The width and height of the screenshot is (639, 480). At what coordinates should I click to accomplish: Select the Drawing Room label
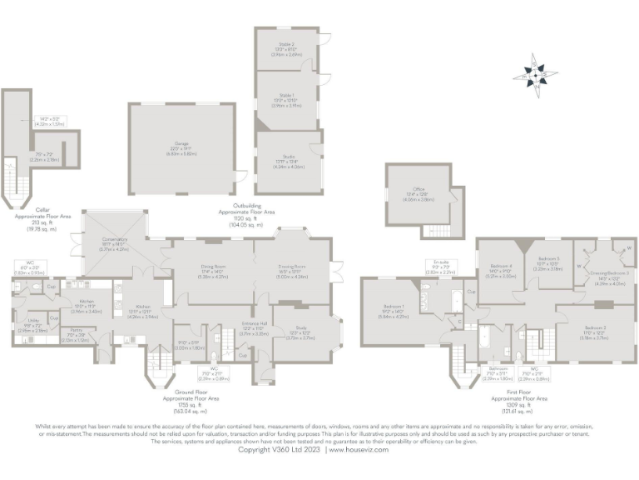point(290,268)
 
